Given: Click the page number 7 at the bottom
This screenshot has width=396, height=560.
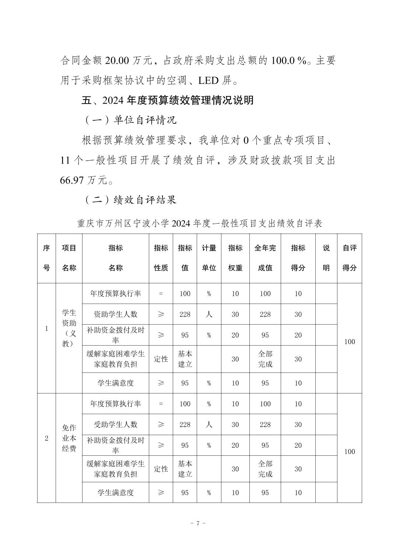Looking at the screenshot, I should pos(198,524).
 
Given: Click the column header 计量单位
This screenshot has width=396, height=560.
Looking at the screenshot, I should pos(209,258).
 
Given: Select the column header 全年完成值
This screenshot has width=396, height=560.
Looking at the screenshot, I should pos(265,258).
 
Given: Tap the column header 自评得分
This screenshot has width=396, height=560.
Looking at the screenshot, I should pos(349,258).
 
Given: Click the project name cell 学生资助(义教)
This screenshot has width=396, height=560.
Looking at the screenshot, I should pos(69,328).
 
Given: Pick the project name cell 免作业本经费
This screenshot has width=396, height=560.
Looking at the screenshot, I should pos(69,438).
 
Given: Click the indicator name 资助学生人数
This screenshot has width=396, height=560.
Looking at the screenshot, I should pos(115,314).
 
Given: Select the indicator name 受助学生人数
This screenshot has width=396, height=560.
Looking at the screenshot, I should pos(115,424).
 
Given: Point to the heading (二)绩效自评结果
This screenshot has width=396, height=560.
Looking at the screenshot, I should pos(131,200).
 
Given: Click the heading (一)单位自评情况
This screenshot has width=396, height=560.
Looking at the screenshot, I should pos(131,120).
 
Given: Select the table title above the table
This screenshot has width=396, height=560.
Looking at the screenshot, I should pos(199,223).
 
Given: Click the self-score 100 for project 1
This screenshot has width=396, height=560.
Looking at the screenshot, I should pos(349,342).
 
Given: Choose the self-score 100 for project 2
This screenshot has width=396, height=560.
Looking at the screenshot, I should pos(349,452).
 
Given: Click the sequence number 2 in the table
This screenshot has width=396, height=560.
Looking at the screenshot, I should pos(46,438).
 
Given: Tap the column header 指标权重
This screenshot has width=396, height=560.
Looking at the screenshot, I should pos(235,258).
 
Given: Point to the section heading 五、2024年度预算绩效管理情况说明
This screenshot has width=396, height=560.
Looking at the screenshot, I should pos(168,100).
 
